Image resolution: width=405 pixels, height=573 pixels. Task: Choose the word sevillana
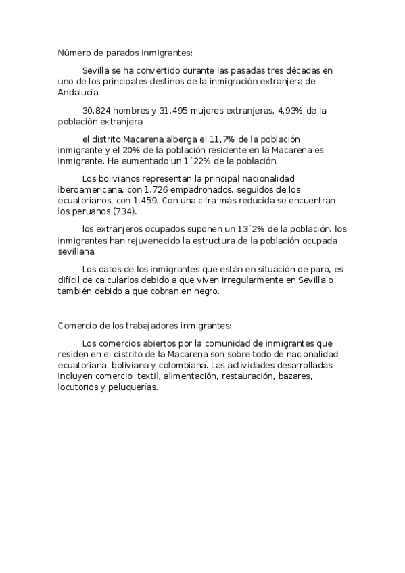pos(76,253)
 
